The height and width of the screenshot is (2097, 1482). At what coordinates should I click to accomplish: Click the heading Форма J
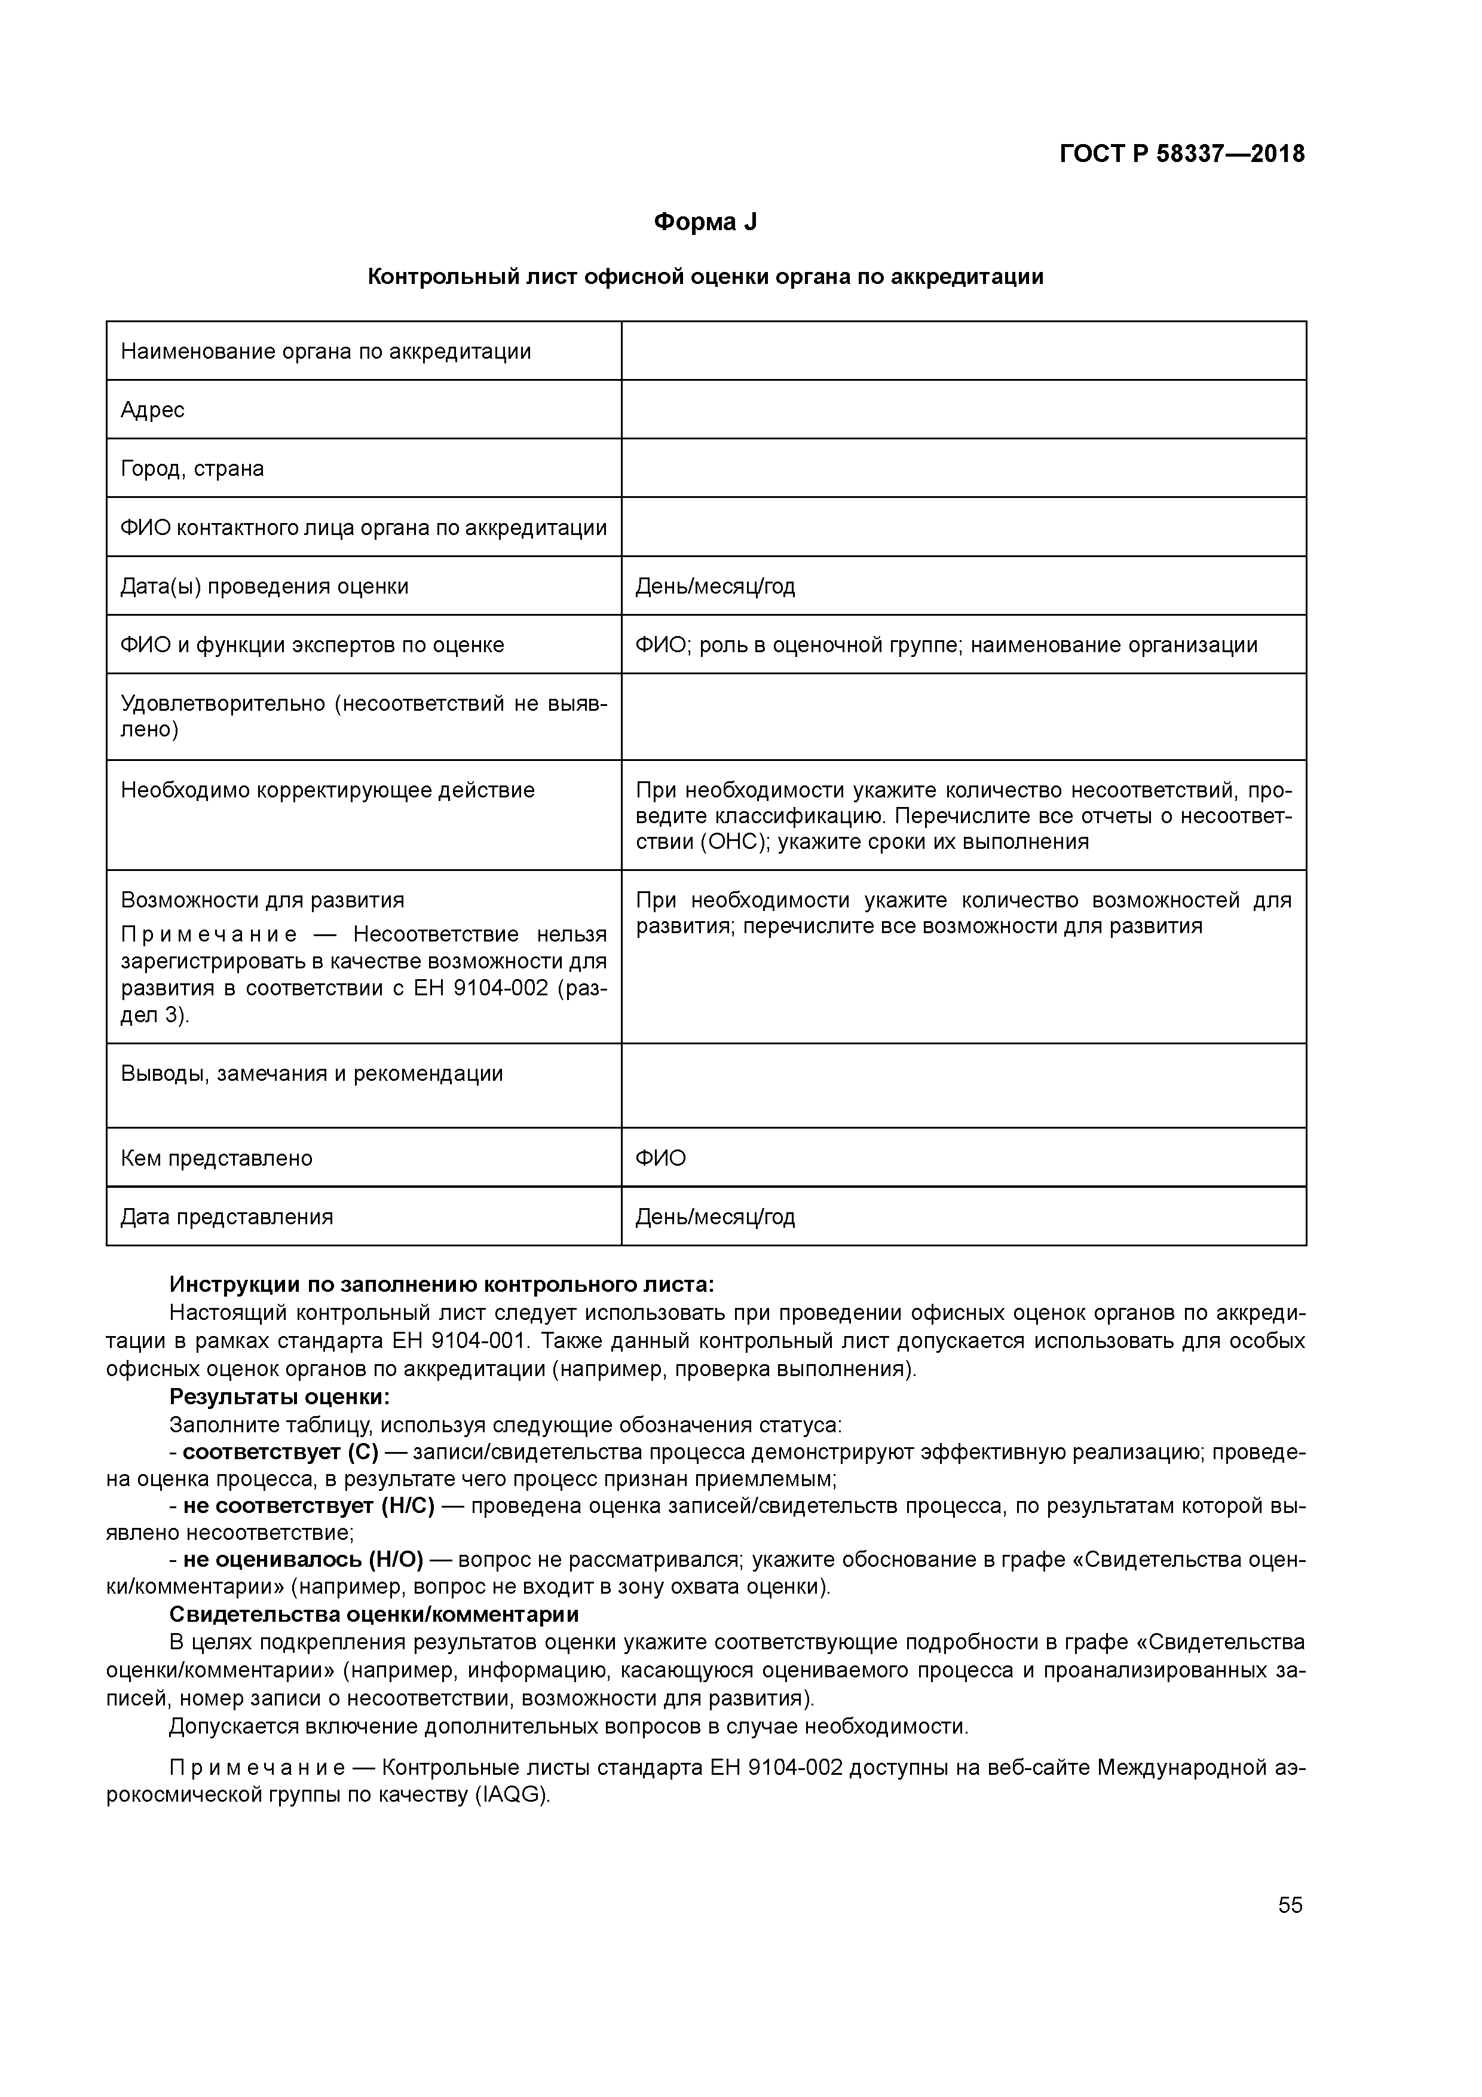pos(705,222)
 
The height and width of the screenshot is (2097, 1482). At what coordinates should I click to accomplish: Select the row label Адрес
pos(152,410)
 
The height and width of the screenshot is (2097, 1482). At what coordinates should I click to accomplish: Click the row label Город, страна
pos(192,469)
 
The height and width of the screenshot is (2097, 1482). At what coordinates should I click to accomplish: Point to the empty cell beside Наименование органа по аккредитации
pos(963,351)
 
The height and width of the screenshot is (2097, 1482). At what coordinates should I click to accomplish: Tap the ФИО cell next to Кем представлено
pos(660,1158)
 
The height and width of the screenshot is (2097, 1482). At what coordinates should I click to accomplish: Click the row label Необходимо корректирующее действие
pos(328,790)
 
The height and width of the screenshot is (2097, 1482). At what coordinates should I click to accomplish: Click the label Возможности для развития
pos(262,900)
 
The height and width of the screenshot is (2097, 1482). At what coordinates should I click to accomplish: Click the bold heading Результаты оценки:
pos(280,1398)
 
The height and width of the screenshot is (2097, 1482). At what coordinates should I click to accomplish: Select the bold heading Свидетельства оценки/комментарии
pos(374,1614)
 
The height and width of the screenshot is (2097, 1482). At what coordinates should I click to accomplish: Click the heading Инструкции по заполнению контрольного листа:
pos(442,1285)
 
